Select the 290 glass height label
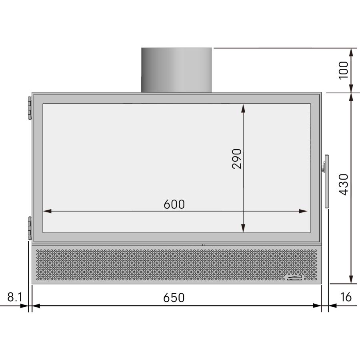click(x=237, y=158)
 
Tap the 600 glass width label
click(x=174, y=204)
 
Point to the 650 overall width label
click(x=174, y=298)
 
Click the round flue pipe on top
click(x=176, y=70)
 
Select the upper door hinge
click(x=30, y=108)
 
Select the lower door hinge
click(x=30, y=228)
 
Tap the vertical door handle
click(x=327, y=181)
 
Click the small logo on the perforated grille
click(x=295, y=278)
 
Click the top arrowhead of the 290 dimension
click(x=243, y=107)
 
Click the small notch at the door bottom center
click(x=203, y=244)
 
